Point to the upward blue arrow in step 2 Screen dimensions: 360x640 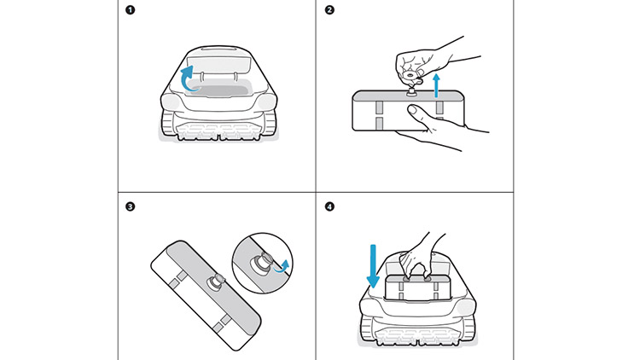438,85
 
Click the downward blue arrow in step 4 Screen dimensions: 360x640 373,270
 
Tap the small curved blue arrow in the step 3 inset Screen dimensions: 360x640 285,264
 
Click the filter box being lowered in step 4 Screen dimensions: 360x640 416,288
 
